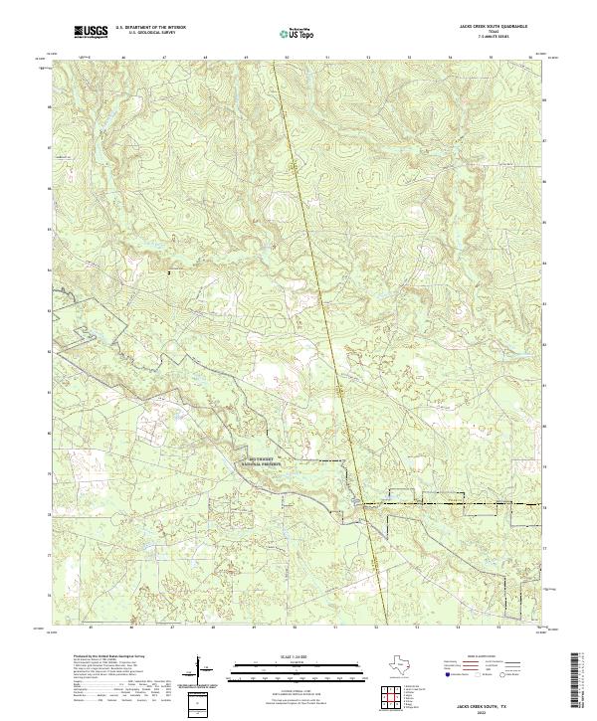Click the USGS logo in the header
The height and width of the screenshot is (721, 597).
(x=91, y=33)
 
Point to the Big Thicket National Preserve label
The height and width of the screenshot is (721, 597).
(x=261, y=460)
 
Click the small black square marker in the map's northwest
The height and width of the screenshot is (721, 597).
(x=170, y=271)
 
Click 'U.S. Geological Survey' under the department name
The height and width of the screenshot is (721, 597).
(x=145, y=35)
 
